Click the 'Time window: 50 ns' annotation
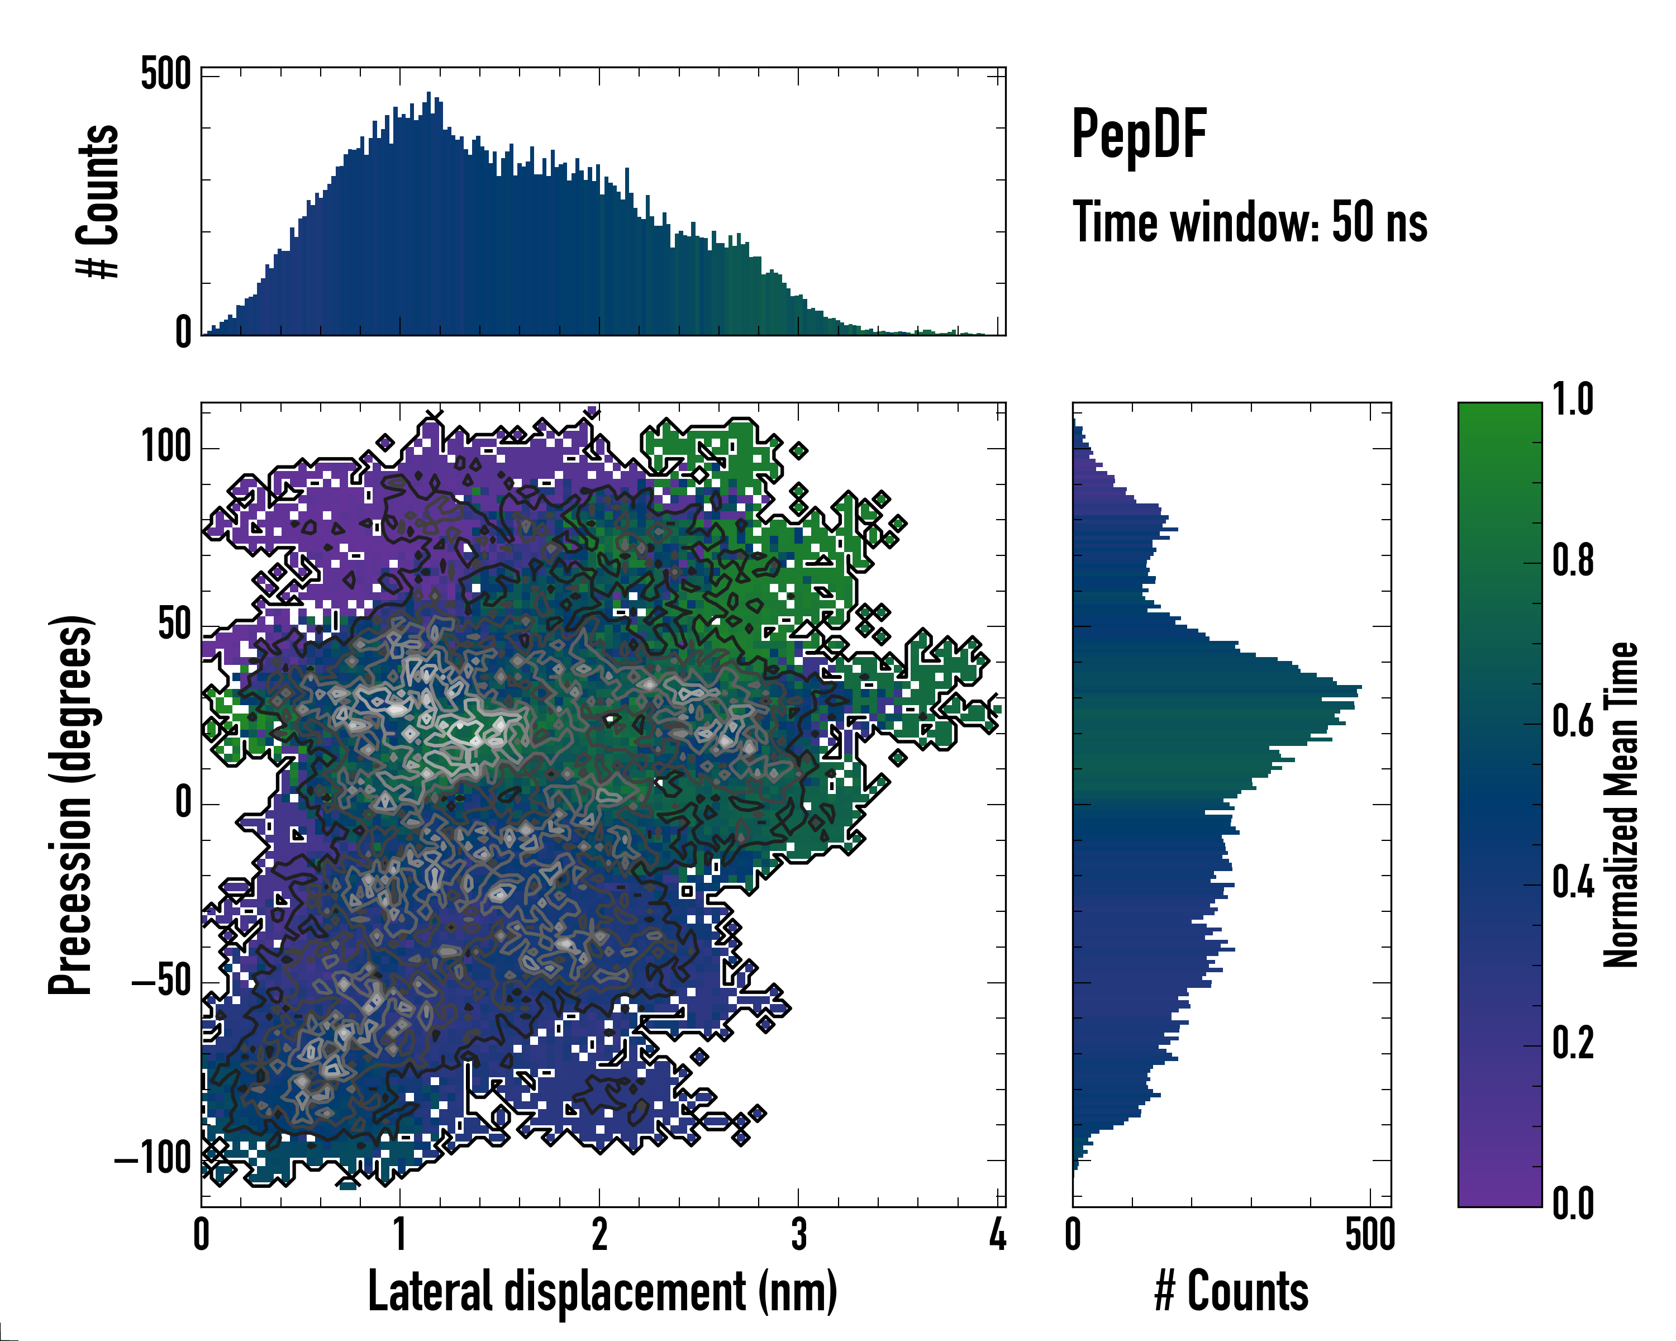click(1249, 222)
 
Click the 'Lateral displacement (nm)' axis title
click(602, 1291)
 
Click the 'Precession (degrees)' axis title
click(71, 805)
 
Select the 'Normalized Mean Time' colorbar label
click(1621, 805)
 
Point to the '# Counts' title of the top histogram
click(98, 201)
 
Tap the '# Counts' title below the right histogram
click(1231, 1291)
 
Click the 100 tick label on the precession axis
click(165, 447)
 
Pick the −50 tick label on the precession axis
click(161, 982)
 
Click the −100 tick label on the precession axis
click(153, 1159)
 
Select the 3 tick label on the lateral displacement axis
click(798, 1234)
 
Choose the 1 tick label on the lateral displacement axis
click(399, 1234)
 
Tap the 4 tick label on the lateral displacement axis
click(997, 1234)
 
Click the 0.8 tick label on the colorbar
click(1573, 560)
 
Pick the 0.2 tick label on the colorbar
click(1573, 1043)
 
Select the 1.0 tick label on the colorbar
click(1573, 400)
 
